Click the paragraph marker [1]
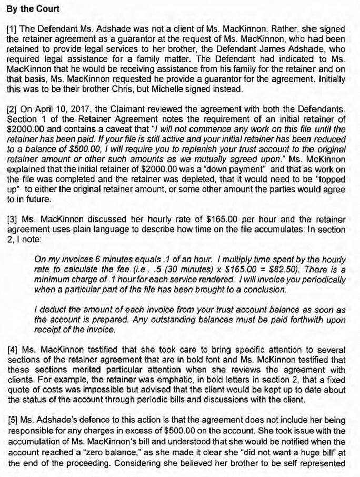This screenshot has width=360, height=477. point(11,27)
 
